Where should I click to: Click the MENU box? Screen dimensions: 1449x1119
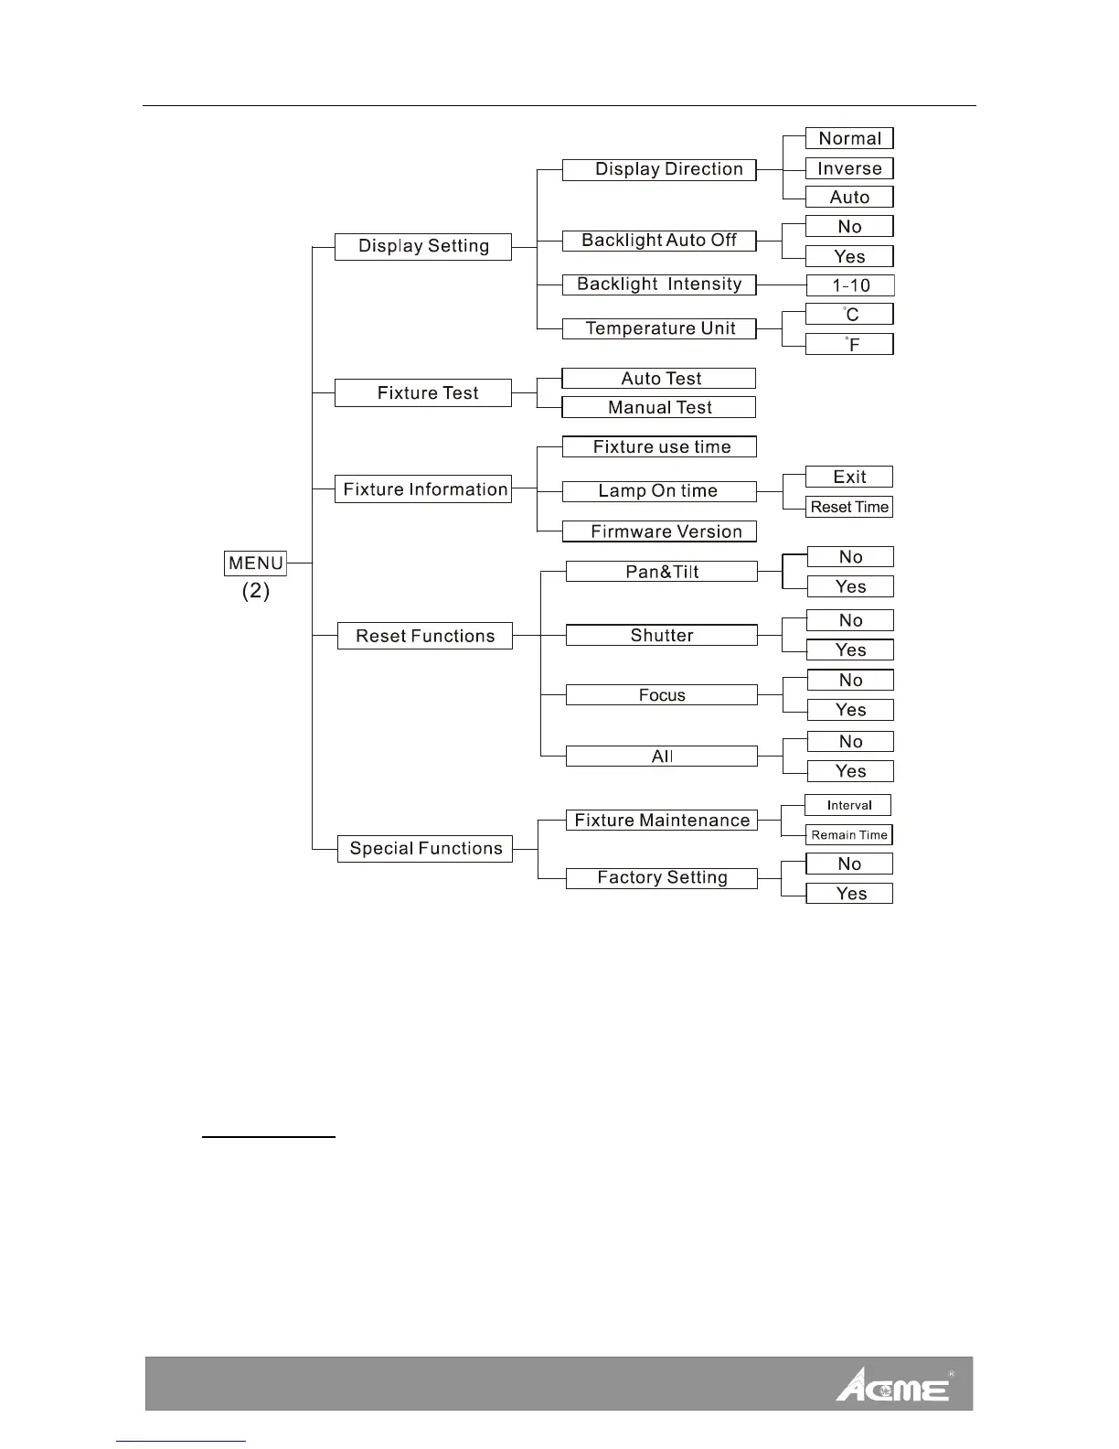(x=255, y=563)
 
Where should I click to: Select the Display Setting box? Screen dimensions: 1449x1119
(x=423, y=246)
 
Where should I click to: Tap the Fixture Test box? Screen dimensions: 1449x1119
(x=423, y=393)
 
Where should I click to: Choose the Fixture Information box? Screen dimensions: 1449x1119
(x=423, y=489)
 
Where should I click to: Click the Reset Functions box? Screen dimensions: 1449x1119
(x=424, y=636)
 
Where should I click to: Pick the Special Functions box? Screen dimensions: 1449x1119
(x=425, y=849)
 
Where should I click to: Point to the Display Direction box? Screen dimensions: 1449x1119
(x=659, y=169)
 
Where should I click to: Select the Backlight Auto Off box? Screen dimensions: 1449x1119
(x=659, y=241)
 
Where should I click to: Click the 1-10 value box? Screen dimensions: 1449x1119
(x=850, y=285)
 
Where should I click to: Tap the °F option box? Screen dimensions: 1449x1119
(x=850, y=344)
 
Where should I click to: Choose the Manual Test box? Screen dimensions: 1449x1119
(x=659, y=407)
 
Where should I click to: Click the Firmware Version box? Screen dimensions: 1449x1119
(x=659, y=531)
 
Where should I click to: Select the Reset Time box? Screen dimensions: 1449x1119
(x=849, y=507)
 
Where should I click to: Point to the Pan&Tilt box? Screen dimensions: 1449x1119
(x=662, y=572)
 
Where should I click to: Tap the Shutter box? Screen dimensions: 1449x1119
(x=662, y=636)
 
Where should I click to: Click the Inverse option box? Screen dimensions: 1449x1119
(x=849, y=168)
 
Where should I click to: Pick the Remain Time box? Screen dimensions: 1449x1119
(x=849, y=835)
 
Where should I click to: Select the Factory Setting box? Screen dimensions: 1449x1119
(x=662, y=878)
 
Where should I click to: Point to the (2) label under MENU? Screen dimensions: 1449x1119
(x=256, y=591)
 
